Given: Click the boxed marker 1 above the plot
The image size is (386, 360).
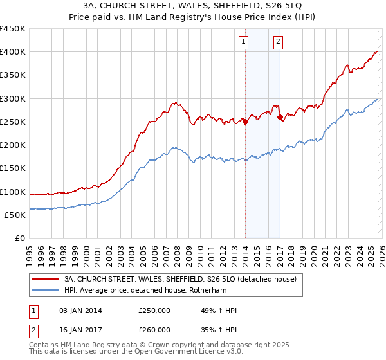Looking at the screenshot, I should click(244, 42).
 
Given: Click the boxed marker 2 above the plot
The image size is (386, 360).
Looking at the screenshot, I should click(278, 42).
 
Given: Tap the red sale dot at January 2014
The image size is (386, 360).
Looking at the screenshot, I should click(246, 122).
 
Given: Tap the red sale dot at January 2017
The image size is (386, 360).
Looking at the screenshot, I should click(280, 117).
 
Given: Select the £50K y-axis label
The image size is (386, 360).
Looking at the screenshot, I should click(15, 215).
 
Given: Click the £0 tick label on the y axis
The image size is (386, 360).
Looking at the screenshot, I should click(20, 239).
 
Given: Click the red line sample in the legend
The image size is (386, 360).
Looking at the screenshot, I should click(45, 280).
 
